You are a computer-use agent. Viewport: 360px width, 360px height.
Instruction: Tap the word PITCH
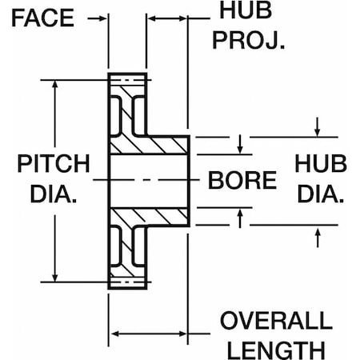pos(54,164)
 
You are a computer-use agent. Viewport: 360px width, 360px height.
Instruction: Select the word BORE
pos(242,179)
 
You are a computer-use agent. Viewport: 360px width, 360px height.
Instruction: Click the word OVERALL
pos(275,322)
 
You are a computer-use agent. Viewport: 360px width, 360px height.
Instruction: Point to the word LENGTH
pos(275,349)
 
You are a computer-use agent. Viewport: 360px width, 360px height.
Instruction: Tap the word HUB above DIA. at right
pos(321,164)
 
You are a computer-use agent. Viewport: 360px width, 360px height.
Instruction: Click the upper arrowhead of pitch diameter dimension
pos(56,83)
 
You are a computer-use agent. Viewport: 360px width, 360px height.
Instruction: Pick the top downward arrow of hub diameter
pos(318,130)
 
